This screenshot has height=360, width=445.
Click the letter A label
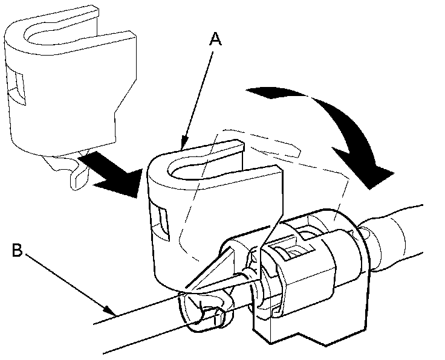tap(216, 40)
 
